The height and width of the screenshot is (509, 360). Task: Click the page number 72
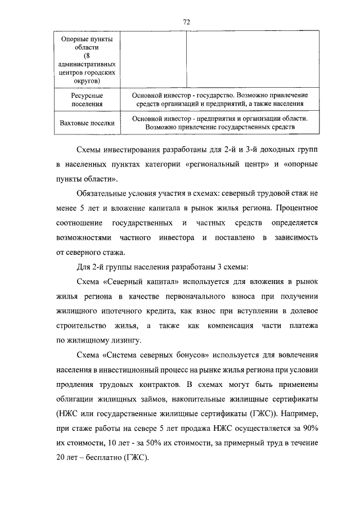tap(186, 21)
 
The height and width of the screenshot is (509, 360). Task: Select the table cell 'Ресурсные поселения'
tap(87, 100)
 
